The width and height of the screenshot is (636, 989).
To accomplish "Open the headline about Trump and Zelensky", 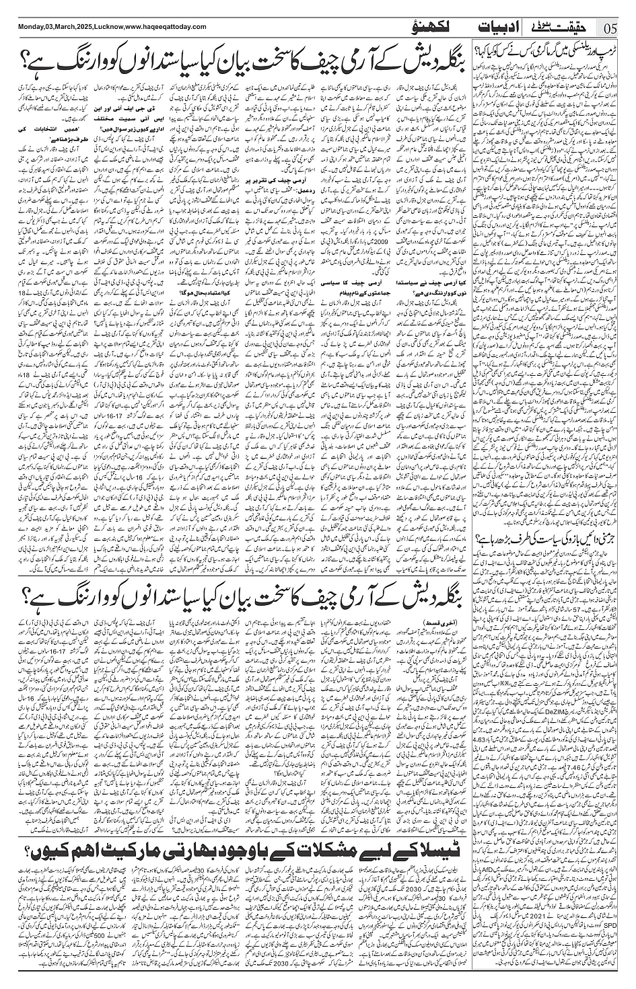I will click(552, 50).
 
